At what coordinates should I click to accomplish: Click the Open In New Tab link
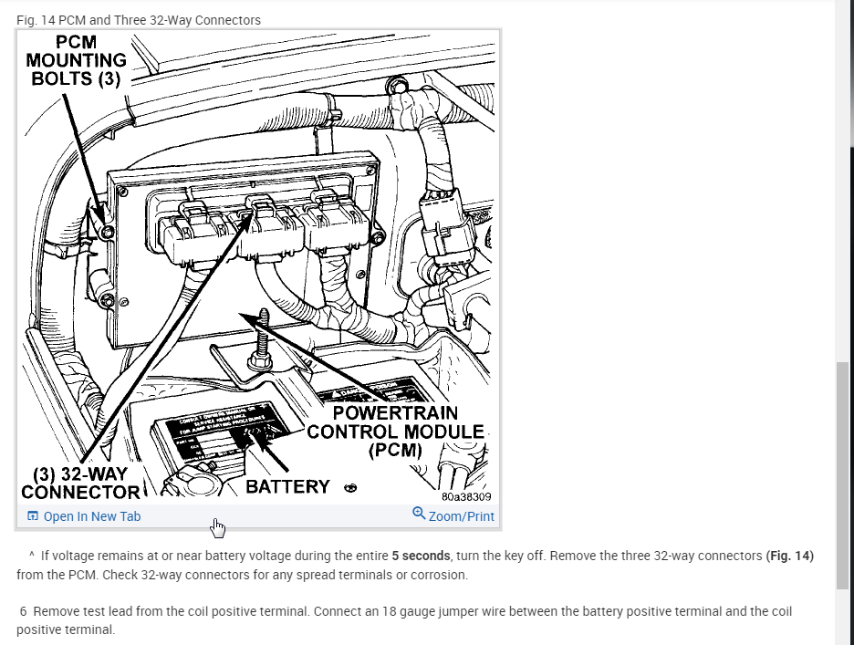(91, 516)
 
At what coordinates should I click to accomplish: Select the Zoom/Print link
(461, 516)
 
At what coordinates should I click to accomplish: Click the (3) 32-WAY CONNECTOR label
(80, 484)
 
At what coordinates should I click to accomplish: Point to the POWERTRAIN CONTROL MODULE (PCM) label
(395, 432)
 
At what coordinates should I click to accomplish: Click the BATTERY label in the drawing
(287, 486)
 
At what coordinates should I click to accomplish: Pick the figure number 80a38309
(466, 497)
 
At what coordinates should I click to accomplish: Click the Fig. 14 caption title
(139, 20)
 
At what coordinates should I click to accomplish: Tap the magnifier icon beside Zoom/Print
(419, 514)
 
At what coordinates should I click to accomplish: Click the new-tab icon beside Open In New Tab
(33, 516)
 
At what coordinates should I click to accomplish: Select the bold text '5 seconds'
(422, 556)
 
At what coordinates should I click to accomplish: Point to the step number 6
(23, 611)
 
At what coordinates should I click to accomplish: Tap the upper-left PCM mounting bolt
(109, 233)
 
